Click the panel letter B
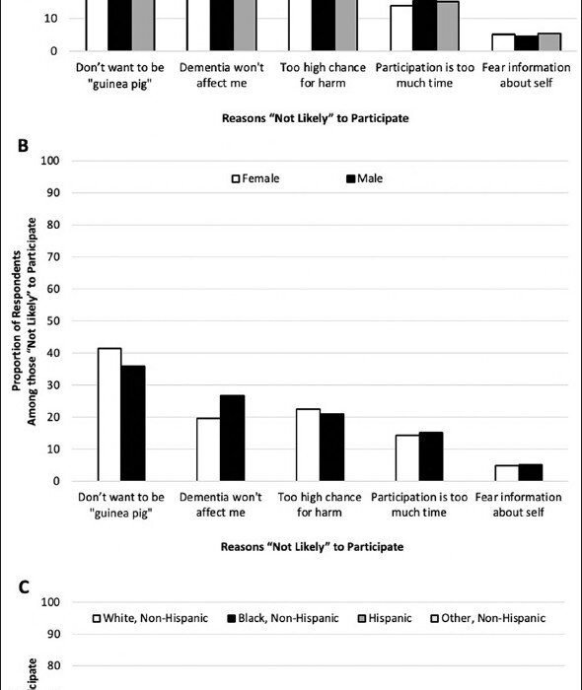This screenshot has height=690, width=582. (x=23, y=146)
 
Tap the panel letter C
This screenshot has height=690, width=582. (x=24, y=587)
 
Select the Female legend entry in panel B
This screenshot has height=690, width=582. (x=255, y=178)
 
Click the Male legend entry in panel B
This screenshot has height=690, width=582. (x=365, y=178)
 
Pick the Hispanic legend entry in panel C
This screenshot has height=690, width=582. (x=385, y=618)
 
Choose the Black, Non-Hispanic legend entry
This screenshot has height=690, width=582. (x=283, y=618)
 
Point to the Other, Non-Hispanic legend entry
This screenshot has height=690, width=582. (x=487, y=618)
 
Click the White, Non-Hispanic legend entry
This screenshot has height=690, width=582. (x=151, y=618)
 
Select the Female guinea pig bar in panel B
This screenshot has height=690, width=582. (x=109, y=415)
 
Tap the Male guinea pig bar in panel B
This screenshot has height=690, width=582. (x=133, y=423)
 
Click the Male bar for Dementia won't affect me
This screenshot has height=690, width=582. (x=233, y=438)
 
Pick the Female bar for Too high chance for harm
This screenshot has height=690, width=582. (x=308, y=445)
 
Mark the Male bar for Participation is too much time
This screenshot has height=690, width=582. (x=431, y=456)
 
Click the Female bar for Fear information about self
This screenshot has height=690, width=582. (x=507, y=473)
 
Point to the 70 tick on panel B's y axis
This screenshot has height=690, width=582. (x=53, y=256)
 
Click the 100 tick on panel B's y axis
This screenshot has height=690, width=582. (x=50, y=161)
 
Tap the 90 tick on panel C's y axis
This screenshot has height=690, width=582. (x=53, y=634)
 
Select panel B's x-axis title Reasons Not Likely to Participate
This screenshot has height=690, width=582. (x=312, y=547)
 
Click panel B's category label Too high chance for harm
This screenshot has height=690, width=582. (x=320, y=505)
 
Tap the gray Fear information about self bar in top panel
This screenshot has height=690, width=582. (x=549, y=42)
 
